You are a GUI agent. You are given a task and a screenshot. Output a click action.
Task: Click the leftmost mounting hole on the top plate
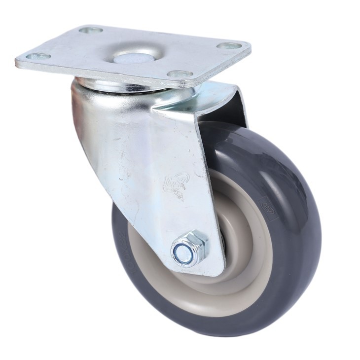click(x=38, y=56)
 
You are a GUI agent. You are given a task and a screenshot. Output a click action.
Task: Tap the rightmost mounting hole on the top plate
click(x=229, y=46)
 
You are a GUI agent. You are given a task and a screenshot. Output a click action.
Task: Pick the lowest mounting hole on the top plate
click(x=180, y=74)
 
